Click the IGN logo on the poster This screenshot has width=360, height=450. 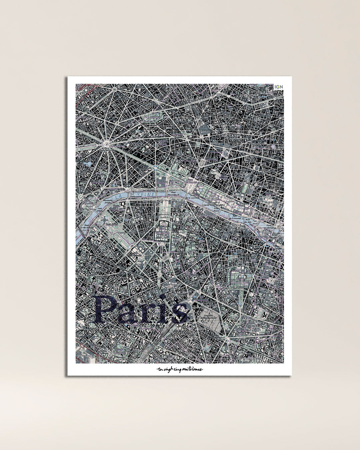pos(278,87)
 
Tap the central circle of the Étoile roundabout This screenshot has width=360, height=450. pos(107,144)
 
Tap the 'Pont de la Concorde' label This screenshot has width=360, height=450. pos(191,197)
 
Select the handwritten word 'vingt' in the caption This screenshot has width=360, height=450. pos(166,369)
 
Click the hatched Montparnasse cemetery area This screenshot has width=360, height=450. pos(210,319)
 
